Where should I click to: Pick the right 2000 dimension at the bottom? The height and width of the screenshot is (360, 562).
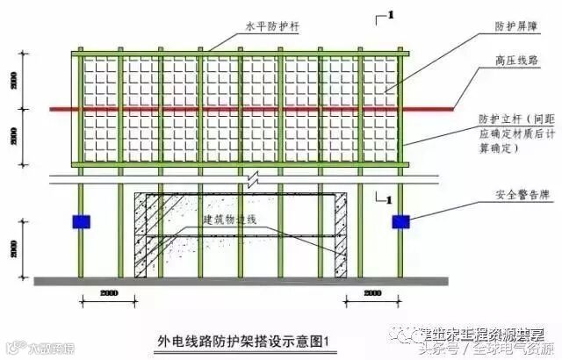(373, 292)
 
